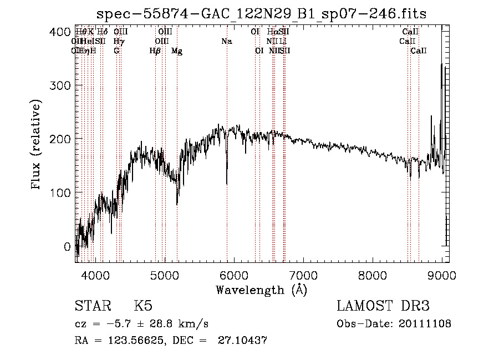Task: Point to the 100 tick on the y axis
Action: pos(62,192)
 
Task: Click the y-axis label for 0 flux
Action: pos(67,246)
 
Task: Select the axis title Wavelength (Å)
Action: pos(261,289)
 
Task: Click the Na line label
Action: pos(226,41)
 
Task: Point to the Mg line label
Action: pos(177,51)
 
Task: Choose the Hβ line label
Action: pos(155,51)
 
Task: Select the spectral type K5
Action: pos(143,306)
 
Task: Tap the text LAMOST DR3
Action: pos(383,306)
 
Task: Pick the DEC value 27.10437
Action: pos(248,341)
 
